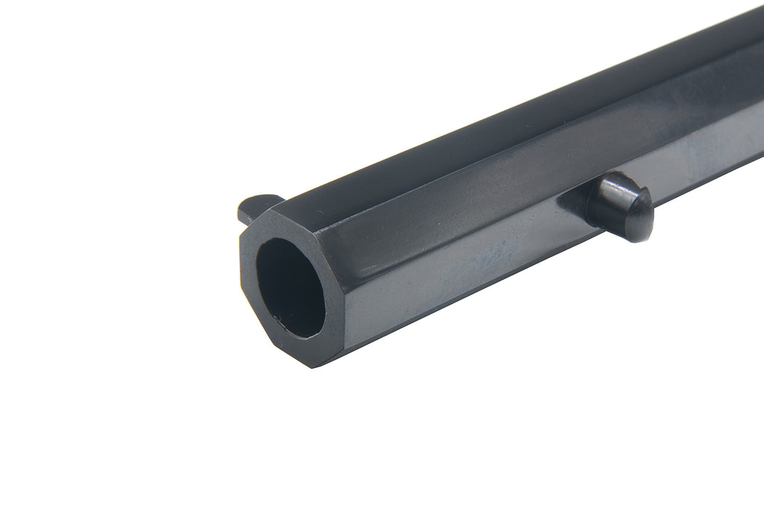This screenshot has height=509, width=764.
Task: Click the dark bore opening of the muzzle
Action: (290, 287)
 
